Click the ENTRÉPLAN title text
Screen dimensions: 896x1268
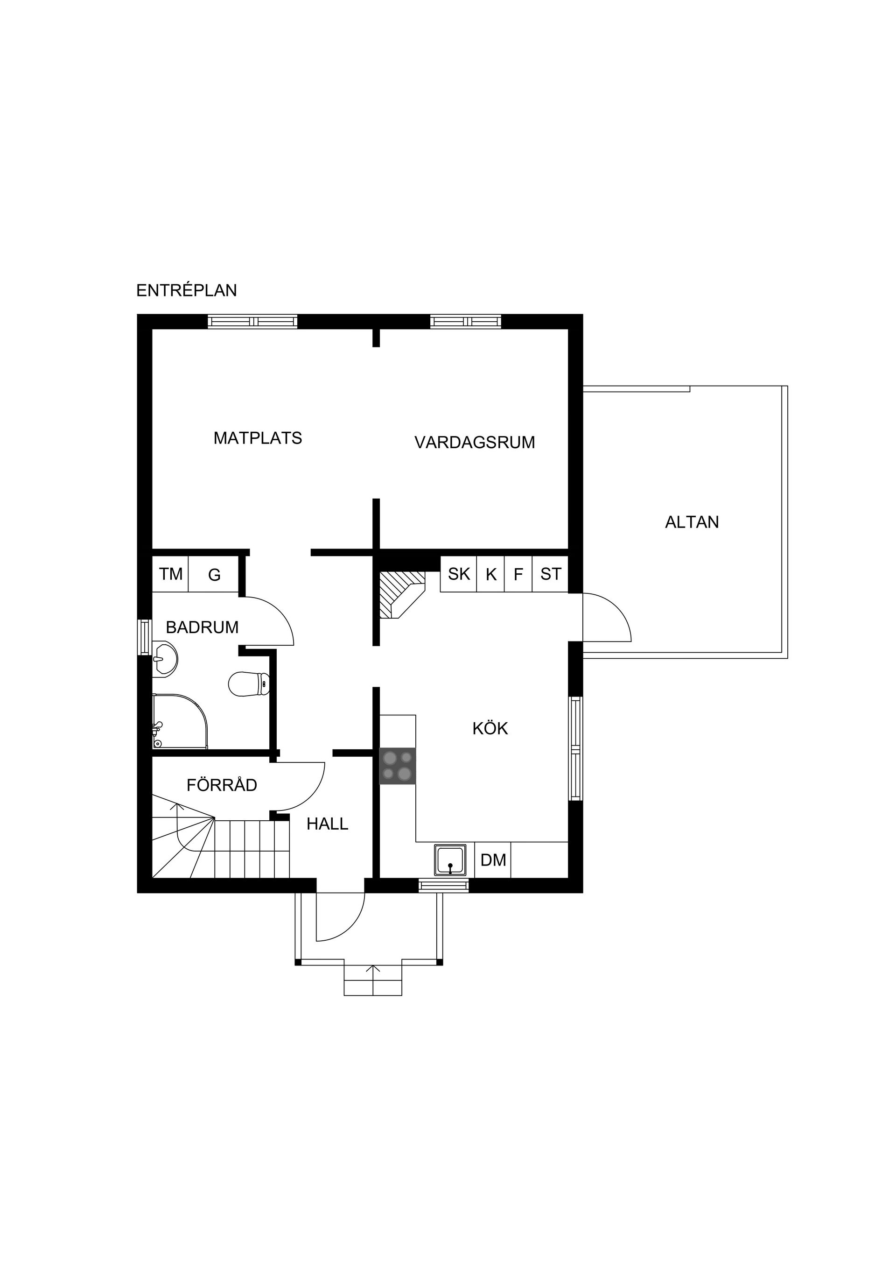(187, 290)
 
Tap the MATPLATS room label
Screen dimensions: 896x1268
(258, 438)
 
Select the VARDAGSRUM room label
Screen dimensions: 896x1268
(475, 443)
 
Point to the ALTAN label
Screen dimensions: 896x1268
(692, 522)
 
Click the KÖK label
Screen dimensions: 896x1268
(490, 728)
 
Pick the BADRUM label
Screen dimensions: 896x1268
(202, 627)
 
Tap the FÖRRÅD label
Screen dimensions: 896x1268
(222, 784)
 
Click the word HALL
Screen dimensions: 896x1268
(328, 824)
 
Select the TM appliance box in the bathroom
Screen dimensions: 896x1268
(171, 574)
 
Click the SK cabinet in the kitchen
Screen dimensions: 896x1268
(459, 574)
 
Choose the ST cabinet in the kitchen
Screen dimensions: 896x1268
(550, 574)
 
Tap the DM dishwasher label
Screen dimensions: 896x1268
(493, 859)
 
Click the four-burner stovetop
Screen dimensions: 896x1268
(398, 766)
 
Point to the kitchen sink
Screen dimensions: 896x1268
(450, 860)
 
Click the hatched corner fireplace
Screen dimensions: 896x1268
(402, 594)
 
